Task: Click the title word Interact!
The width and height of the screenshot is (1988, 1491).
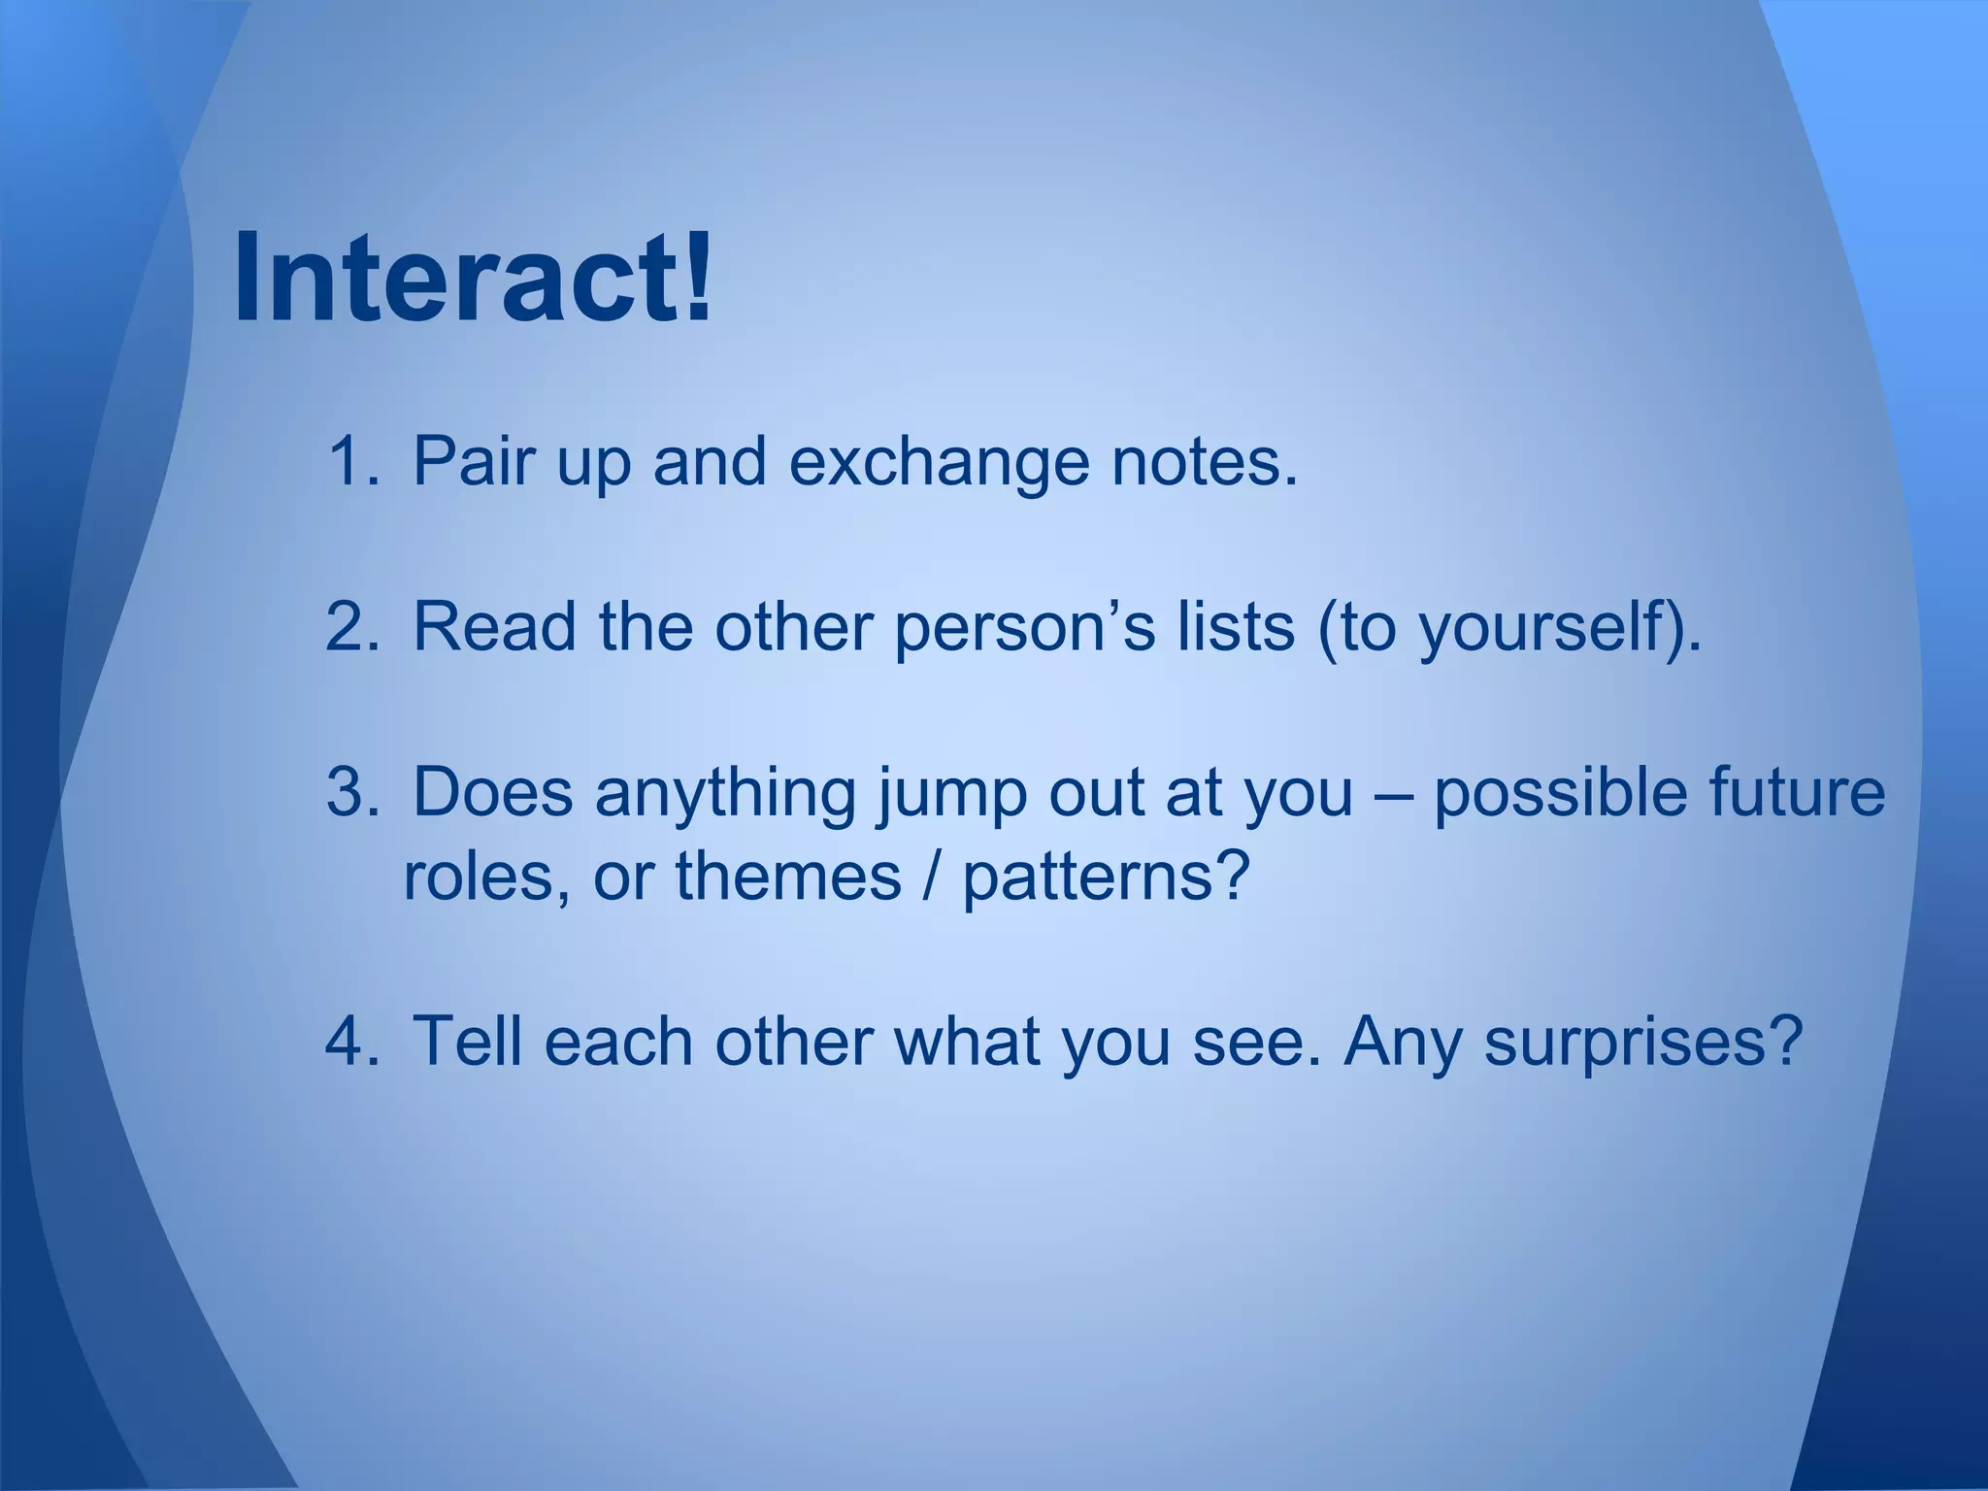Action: pos(473,278)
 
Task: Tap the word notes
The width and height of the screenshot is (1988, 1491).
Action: pos(1204,462)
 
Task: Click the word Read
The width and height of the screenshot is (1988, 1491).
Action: pos(495,626)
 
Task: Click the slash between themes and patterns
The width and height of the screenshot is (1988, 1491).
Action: pos(932,877)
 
